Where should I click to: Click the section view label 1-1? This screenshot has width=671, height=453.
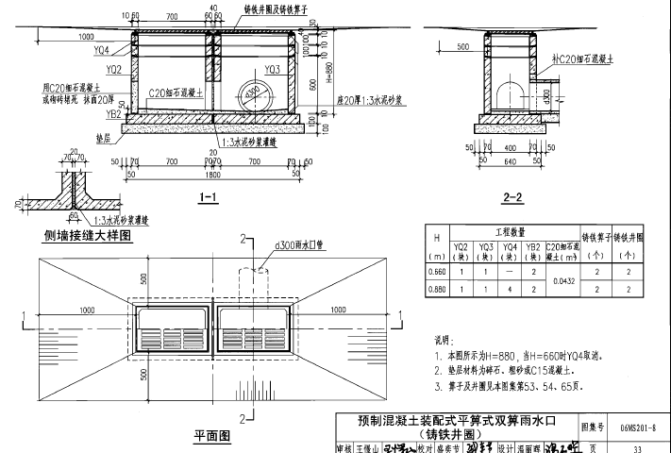click(209, 197)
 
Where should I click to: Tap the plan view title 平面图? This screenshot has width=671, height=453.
click(212, 436)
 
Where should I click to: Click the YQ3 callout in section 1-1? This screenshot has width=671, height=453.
click(272, 69)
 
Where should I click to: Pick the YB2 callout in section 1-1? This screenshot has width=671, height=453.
click(113, 113)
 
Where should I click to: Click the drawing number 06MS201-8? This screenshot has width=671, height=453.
click(639, 428)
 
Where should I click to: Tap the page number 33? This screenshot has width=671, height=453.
click(639, 446)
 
